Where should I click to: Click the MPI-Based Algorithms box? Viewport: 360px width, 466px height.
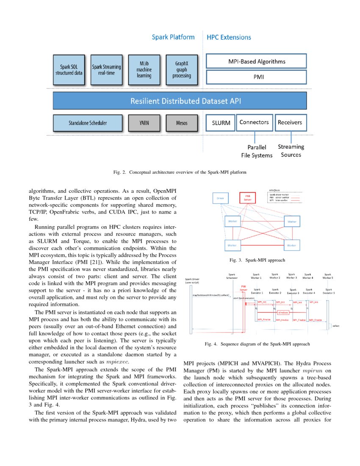[x=256, y=61]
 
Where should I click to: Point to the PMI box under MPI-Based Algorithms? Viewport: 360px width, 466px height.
[x=256, y=77]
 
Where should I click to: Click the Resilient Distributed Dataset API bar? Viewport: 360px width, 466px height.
[x=180, y=101]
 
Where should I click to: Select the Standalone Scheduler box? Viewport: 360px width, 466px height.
[x=88, y=123]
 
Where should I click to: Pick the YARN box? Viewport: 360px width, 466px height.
[x=144, y=123]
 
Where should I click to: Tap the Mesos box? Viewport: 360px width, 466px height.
[x=182, y=123]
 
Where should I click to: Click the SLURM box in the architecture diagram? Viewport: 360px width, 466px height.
[x=221, y=123]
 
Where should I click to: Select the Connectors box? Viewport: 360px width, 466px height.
[x=254, y=122]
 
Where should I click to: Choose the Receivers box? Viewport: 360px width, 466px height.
[x=291, y=122]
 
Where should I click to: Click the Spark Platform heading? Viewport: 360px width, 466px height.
[x=173, y=37]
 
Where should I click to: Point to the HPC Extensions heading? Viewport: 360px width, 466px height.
[x=229, y=37]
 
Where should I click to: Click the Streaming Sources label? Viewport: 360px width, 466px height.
[x=291, y=151]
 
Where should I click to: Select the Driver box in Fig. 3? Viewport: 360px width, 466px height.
[x=220, y=198]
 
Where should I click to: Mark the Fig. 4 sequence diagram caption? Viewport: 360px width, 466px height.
[x=257, y=344]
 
